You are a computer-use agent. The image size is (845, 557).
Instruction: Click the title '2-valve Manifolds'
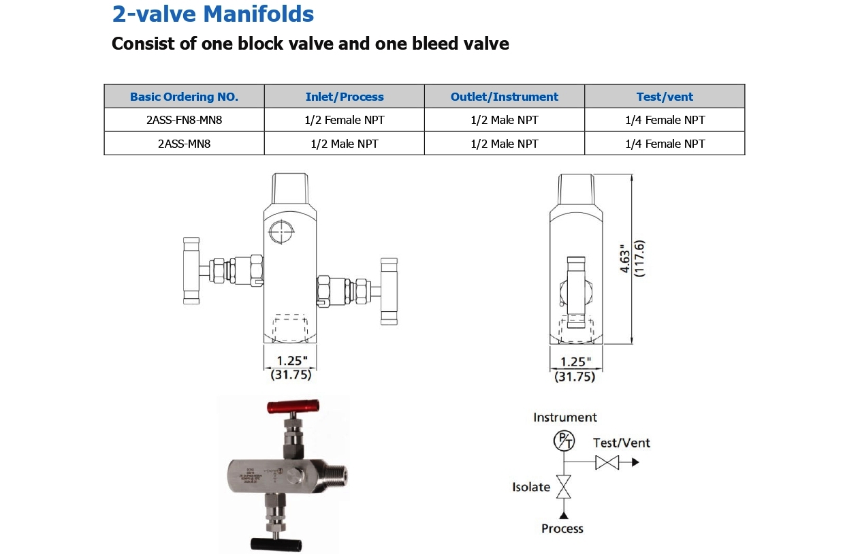(212, 14)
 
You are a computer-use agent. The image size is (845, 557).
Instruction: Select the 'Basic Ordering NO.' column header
(184, 97)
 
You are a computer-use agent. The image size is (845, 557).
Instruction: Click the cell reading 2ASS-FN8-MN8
(184, 120)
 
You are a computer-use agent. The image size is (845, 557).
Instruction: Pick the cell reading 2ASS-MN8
(184, 144)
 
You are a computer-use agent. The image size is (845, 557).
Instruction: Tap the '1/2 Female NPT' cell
(345, 120)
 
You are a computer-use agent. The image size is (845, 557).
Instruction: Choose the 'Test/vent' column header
(665, 97)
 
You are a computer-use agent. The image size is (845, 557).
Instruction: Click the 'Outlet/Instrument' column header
(504, 97)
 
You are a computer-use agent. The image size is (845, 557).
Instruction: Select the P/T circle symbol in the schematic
(564, 441)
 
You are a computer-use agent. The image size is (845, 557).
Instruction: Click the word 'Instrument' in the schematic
(564, 417)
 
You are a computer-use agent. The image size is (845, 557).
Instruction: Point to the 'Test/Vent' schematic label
(621, 443)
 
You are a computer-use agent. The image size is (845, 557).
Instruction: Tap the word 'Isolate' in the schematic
(531, 487)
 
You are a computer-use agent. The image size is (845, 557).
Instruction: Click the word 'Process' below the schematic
(562, 528)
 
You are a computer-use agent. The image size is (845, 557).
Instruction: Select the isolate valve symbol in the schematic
(564, 486)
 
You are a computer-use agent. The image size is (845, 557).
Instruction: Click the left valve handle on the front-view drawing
(191, 271)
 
